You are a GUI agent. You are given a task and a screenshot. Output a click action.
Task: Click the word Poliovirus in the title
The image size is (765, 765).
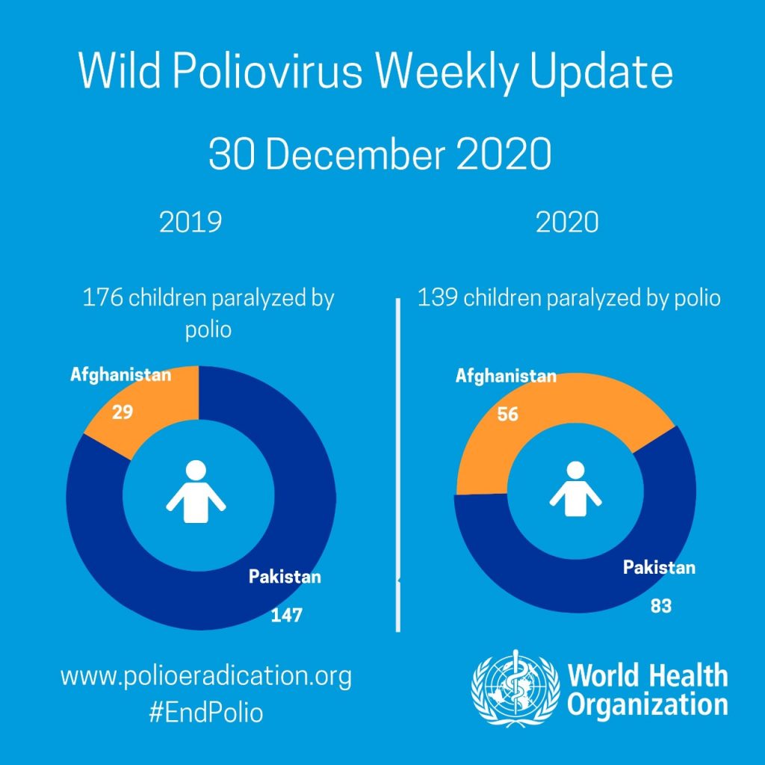pos(267,72)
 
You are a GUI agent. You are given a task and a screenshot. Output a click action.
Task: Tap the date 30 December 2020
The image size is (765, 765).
pos(380,154)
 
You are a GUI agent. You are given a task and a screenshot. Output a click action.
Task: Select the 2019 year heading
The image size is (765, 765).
pos(191,223)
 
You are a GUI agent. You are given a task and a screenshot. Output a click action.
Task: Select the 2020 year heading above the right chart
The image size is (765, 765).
pos(567,223)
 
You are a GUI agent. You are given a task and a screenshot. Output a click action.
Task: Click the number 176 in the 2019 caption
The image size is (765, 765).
pos(102,297)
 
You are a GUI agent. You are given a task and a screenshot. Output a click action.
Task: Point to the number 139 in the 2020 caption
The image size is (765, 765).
pos(438,297)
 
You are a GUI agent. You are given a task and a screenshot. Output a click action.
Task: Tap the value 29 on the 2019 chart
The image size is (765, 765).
pos(123,412)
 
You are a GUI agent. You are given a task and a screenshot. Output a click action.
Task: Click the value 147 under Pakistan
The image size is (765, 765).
pos(286,616)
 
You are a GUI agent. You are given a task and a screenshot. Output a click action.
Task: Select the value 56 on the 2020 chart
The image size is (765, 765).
pos(507,414)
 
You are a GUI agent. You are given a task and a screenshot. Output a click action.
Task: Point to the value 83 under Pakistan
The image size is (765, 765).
pos(661,606)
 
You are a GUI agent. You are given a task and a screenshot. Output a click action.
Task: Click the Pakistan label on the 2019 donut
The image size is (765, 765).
pos(285,577)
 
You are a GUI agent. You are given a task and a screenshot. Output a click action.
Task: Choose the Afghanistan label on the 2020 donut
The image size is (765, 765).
pos(506,377)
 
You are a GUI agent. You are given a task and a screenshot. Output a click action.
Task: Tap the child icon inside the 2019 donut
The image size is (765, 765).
pos(196,492)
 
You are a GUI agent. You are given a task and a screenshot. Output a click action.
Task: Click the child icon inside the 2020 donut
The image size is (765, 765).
pos(576,489)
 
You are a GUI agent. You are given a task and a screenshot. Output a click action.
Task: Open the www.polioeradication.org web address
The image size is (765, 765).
pos(206,677)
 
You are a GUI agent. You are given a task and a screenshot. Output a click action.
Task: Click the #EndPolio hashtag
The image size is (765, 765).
pos(206,713)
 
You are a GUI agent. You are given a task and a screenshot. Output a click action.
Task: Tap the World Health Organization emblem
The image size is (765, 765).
pos(515,688)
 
